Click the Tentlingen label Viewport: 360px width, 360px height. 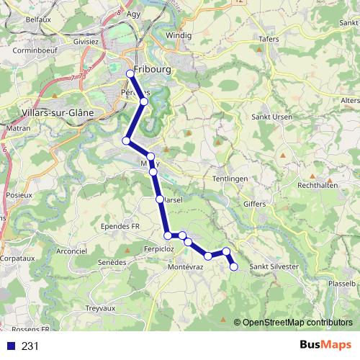231,179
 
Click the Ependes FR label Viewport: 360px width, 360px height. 120,225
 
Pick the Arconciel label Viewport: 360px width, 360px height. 71,251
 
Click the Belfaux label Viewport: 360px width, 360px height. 37,20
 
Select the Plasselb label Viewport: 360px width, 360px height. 341,284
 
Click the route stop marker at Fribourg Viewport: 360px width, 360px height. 130,74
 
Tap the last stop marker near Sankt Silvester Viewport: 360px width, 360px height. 233,267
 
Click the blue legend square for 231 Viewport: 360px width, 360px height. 12,346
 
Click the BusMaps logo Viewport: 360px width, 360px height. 325,345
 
